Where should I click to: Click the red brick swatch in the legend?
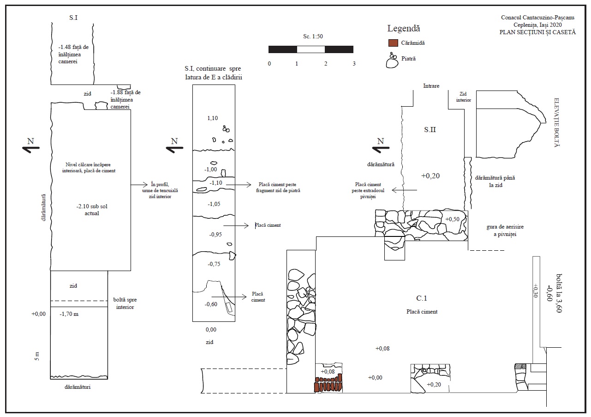[393, 43]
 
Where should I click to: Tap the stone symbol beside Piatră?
[392, 61]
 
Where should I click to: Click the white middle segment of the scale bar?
[311, 49]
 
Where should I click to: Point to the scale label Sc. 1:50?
[313, 36]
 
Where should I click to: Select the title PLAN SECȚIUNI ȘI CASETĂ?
[537, 32]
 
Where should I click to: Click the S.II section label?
[430, 130]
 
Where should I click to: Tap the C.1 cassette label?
[421, 298]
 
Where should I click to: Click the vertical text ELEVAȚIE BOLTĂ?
[556, 122]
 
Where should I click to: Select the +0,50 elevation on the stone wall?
[452, 219]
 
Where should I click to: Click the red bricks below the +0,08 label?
[328, 384]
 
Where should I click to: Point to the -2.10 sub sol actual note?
[92, 210]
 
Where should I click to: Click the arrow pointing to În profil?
[139, 184]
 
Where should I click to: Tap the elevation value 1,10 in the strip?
[213, 118]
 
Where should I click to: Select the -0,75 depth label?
[214, 264]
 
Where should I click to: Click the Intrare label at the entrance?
[431, 86]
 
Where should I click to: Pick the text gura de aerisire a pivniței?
[505, 230]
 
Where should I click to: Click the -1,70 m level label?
[69, 314]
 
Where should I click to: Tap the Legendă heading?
[403, 28]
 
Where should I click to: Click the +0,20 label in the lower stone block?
[434, 385]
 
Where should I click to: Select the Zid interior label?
[463, 97]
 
